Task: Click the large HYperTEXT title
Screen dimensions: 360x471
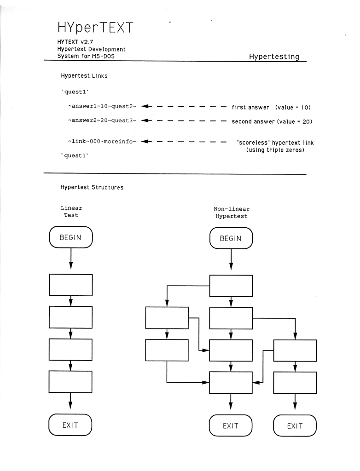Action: click(x=95, y=28)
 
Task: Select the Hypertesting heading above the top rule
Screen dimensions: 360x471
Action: click(x=274, y=57)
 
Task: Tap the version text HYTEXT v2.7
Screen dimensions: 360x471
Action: click(x=75, y=42)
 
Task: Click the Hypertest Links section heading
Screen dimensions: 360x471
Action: click(x=84, y=76)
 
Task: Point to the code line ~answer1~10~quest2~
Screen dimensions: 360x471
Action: click(x=102, y=106)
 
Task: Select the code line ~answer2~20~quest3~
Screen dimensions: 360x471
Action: click(x=102, y=121)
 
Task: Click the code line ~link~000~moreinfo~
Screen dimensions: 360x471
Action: click(x=102, y=141)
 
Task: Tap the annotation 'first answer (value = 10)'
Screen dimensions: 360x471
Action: click(x=271, y=107)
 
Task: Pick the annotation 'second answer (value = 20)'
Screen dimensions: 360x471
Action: click(x=272, y=121)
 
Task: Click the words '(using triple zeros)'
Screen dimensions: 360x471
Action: click(x=275, y=149)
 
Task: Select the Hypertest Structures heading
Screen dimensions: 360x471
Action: click(x=92, y=187)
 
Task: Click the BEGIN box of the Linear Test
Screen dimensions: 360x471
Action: click(x=71, y=237)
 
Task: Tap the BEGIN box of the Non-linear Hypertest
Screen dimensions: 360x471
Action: click(x=231, y=238)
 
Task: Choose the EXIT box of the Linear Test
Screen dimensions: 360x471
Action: click(x=70, y=425)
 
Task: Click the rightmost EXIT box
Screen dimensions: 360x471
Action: click(x=295, y=425)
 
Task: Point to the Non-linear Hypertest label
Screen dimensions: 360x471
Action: click(x=232, y=213)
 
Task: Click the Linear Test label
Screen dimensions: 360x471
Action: click(x=71, y=212)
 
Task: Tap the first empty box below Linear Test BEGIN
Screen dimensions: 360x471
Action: click(x=71, y=285)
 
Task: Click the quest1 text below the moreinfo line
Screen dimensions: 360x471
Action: click(x=75, y=155)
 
